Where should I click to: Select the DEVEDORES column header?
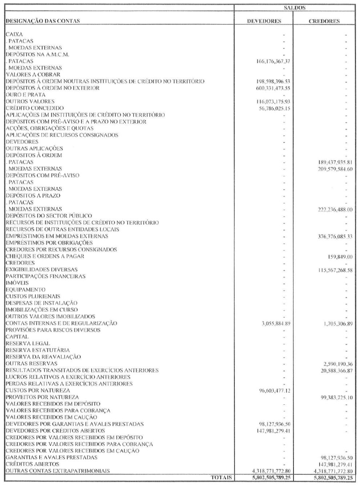coord(264,21)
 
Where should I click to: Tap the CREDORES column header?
coord(324,21)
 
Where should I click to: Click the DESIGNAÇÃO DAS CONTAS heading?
coord(42,21)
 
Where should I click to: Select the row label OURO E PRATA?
coord(25,95)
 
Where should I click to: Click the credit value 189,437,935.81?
coord(335,162)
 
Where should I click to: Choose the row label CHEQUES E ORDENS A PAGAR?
coord(45,256)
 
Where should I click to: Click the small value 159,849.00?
coord(340,256)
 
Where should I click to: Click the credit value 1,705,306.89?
coord(336,323)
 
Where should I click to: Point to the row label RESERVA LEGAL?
coord(28,343)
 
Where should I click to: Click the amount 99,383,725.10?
coord(335,397)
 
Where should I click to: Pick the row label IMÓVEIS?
coord(17,283)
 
